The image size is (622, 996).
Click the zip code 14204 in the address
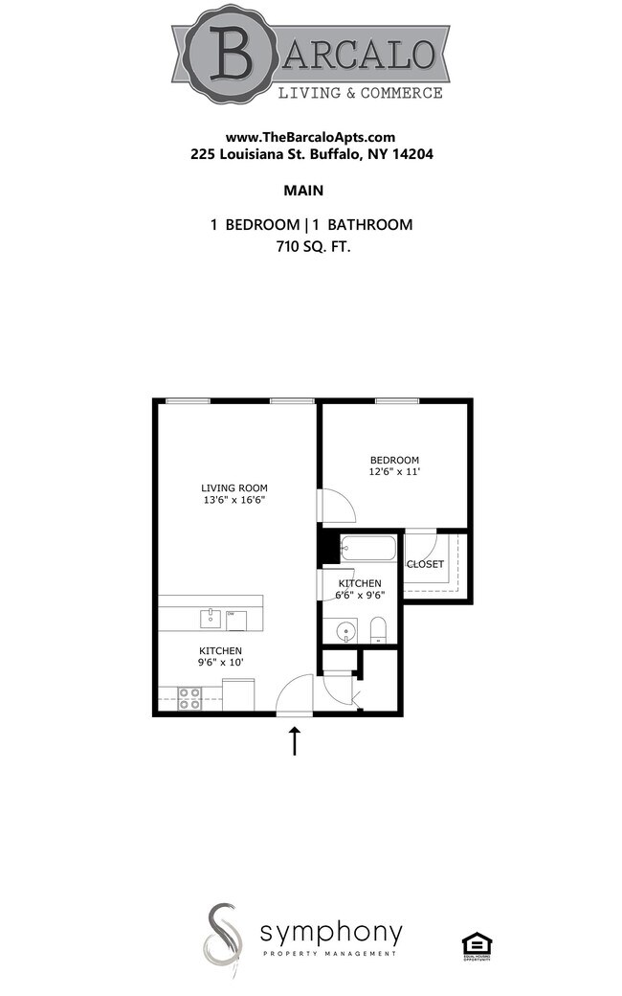(415, 153)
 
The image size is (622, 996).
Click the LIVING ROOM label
(233, 487)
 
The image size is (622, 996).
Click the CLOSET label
(425, 564)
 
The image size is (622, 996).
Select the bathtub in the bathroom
(367, 550)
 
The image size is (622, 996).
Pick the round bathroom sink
(344, 631)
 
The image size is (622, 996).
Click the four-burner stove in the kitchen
(189, 698)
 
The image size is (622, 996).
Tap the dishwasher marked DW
(236, 619)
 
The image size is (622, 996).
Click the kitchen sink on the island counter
(211, 619)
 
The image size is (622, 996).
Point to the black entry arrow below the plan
(295, 740)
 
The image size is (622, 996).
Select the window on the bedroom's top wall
(396, 400)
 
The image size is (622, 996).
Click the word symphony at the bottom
(331, 932)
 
